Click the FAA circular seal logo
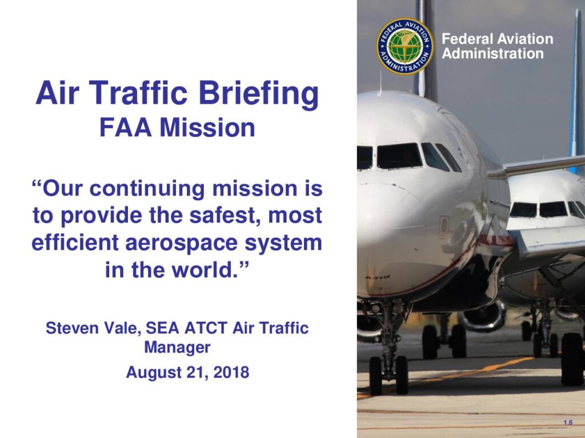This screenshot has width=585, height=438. [x=404, y=46]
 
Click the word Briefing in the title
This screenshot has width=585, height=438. [x=259, y=93]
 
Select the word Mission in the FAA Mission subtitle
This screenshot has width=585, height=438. [x=207, y=128]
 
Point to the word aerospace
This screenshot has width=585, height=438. [x=181, y=243]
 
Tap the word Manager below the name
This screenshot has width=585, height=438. [x=177, y=347]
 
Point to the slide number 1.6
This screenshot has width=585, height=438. [x=568, y=423]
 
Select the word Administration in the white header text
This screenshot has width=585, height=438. [x=492, y=54]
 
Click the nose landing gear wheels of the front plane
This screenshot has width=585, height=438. [x=388, y=375]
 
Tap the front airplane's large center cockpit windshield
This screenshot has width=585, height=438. [x=399, y=156]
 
